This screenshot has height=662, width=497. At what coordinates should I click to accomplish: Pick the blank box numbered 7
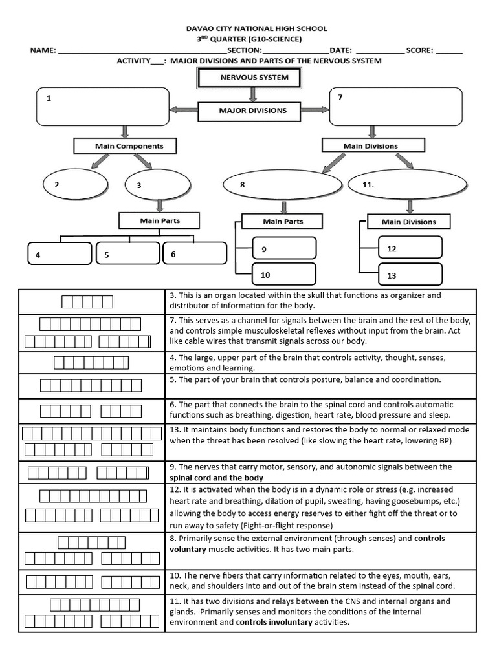(396, 107)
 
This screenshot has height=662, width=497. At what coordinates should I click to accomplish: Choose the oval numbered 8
(282, 185)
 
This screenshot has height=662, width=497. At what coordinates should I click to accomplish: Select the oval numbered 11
(407, 185)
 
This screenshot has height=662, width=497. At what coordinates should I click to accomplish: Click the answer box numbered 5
(127, 253)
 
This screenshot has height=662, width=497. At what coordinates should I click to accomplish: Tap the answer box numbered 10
(283, 275)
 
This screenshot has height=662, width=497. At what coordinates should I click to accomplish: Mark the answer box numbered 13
(410, 275)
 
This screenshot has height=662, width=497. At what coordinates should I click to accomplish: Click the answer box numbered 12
(410, 248)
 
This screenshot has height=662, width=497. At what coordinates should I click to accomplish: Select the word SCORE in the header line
(421, 50)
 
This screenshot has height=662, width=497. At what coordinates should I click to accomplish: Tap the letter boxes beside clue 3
(87, 302)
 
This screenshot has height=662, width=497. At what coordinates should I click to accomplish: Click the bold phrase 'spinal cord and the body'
(216, 478)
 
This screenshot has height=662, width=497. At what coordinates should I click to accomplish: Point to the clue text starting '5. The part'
(305, 379)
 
